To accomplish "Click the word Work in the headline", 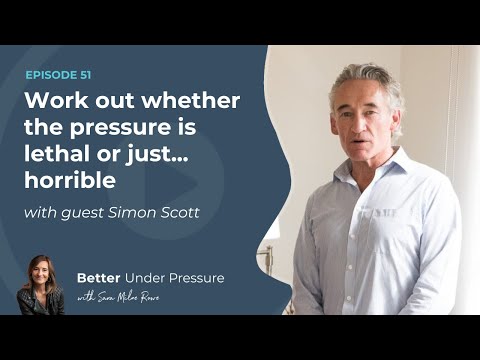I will coord(54,101).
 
